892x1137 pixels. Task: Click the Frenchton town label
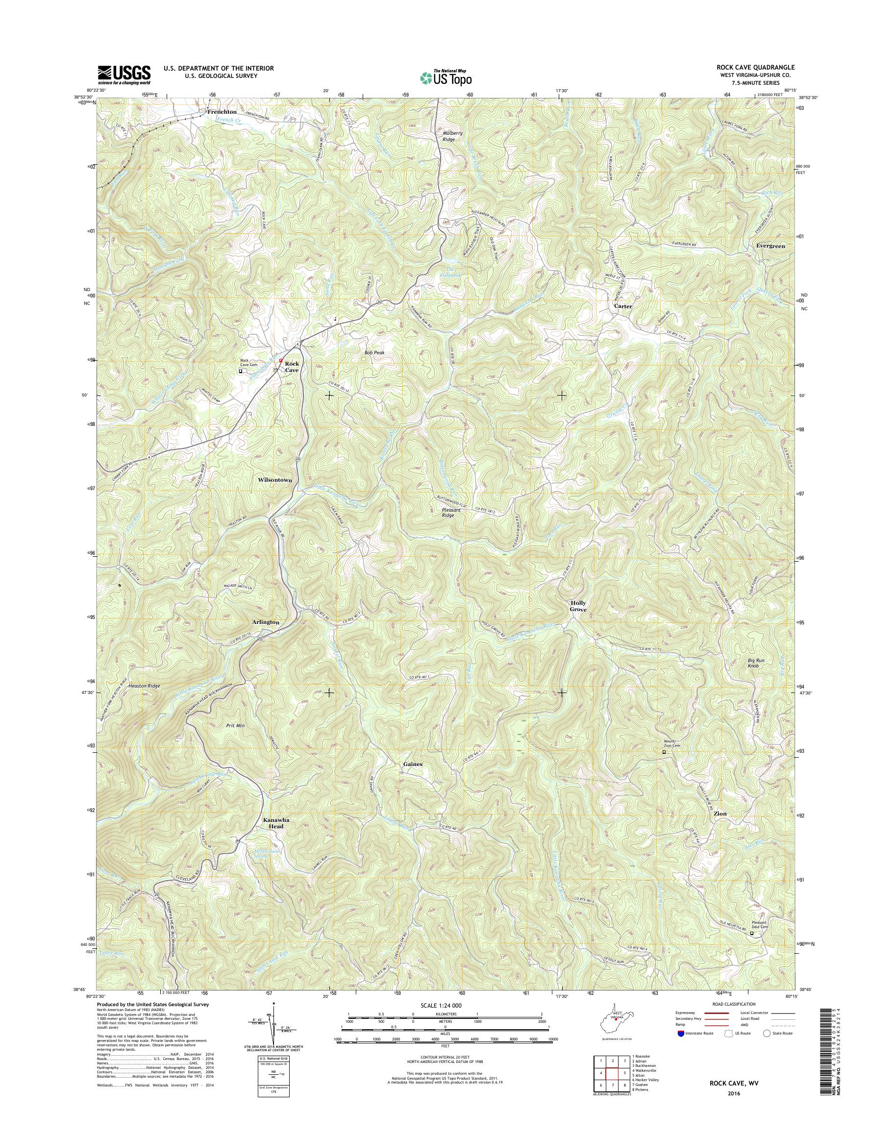click(x=222, y=112)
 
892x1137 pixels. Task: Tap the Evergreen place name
click(x=770, y=246)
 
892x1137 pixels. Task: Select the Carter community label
click(x=622, y=307)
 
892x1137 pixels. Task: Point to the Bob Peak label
click(x=374, y=353)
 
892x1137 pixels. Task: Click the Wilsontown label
click(x=274, y=479)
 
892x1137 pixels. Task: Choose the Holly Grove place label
click(x=578, y=606)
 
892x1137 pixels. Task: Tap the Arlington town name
click(x=266, y=622)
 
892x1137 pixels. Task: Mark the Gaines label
click(x=413, y=764)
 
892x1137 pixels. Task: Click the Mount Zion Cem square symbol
click(x=664, y=753)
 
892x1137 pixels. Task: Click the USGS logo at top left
click(x=124, y=74)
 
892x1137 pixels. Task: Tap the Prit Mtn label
click(x=235, y=725)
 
